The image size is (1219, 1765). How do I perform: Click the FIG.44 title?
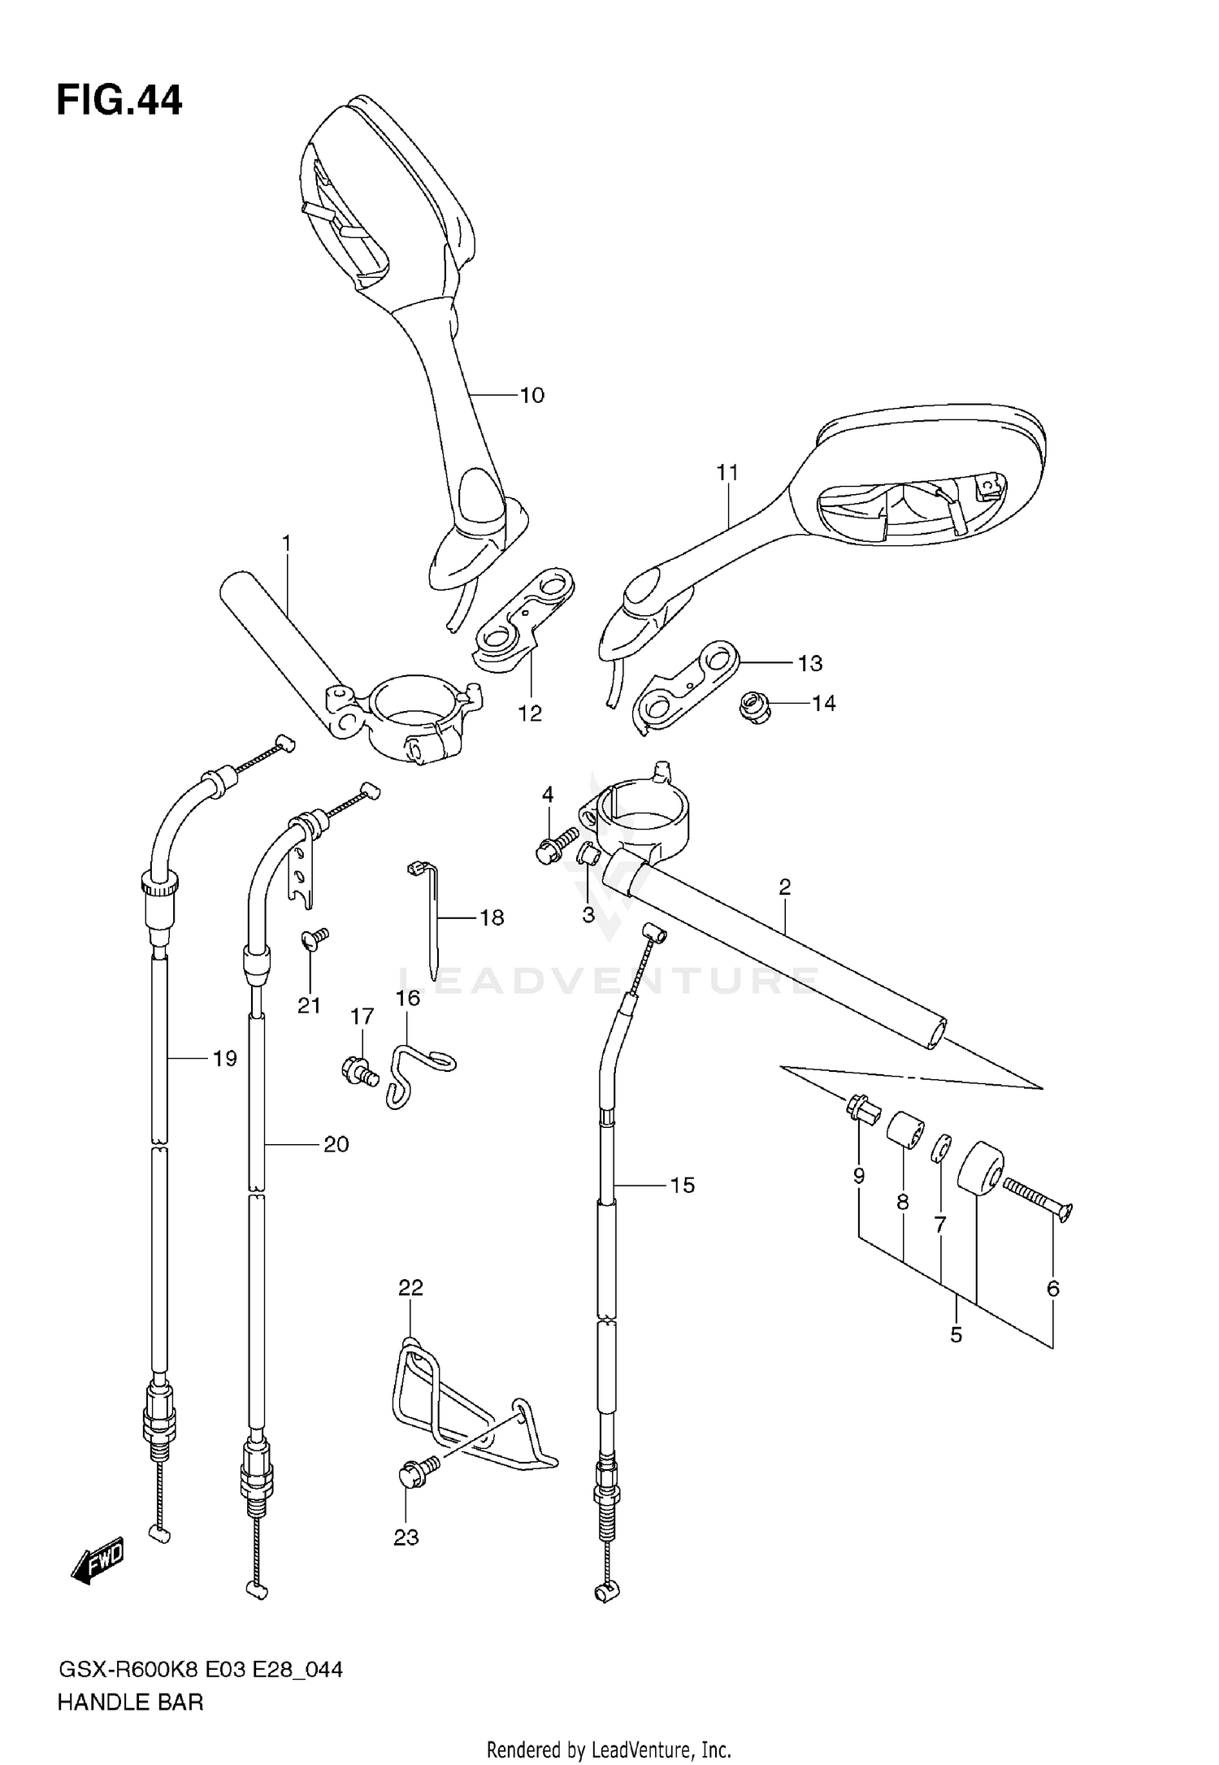click(119, 101)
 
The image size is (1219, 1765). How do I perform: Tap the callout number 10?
click(531, 395)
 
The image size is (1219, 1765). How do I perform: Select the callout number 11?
click(727, 472)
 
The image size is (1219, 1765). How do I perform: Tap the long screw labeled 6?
click(1039, 1199)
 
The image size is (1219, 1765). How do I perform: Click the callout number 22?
click(410, 1286)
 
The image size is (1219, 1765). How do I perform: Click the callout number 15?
click(682, 1186)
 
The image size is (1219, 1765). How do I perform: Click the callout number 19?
click(224, 1058)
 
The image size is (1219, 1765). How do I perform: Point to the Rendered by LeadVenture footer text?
click(609, 1749)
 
